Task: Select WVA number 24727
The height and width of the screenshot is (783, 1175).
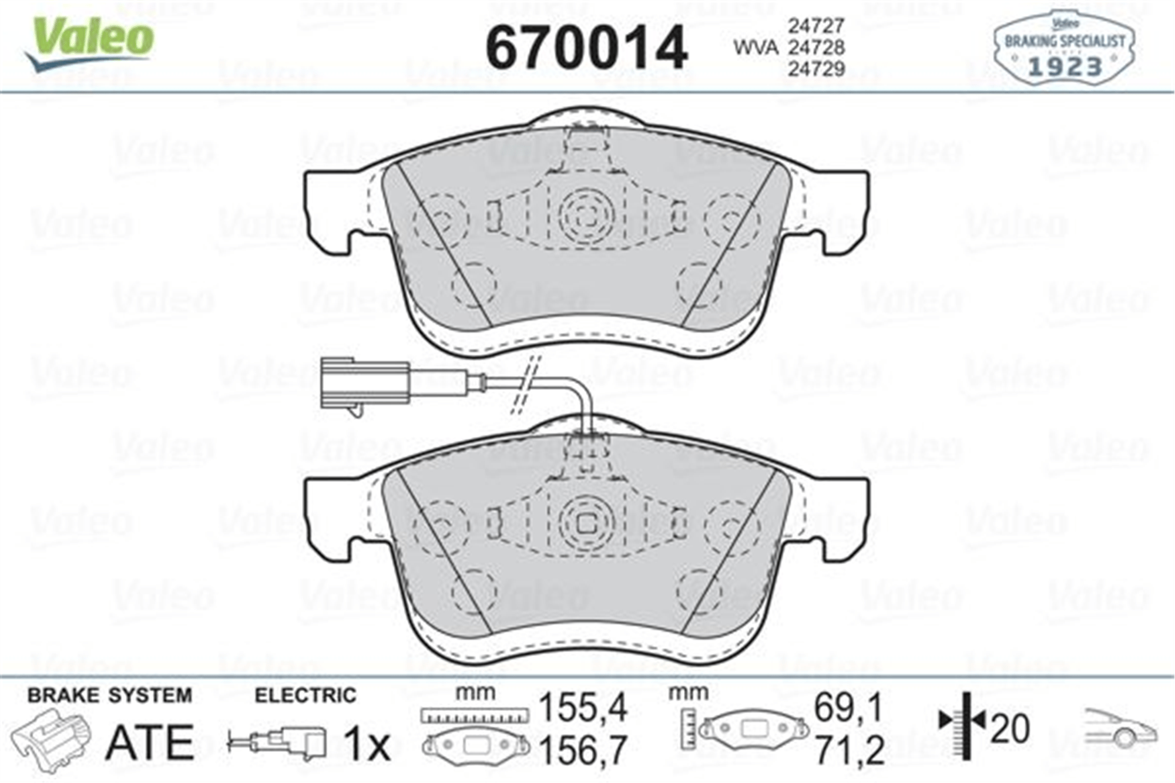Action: (816, 25)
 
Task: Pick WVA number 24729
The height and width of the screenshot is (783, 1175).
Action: (816, 69)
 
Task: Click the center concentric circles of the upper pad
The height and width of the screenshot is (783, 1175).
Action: (586, 216)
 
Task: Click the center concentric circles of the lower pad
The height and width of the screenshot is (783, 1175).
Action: (586, 523)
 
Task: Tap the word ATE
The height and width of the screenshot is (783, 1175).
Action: (150, 742)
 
